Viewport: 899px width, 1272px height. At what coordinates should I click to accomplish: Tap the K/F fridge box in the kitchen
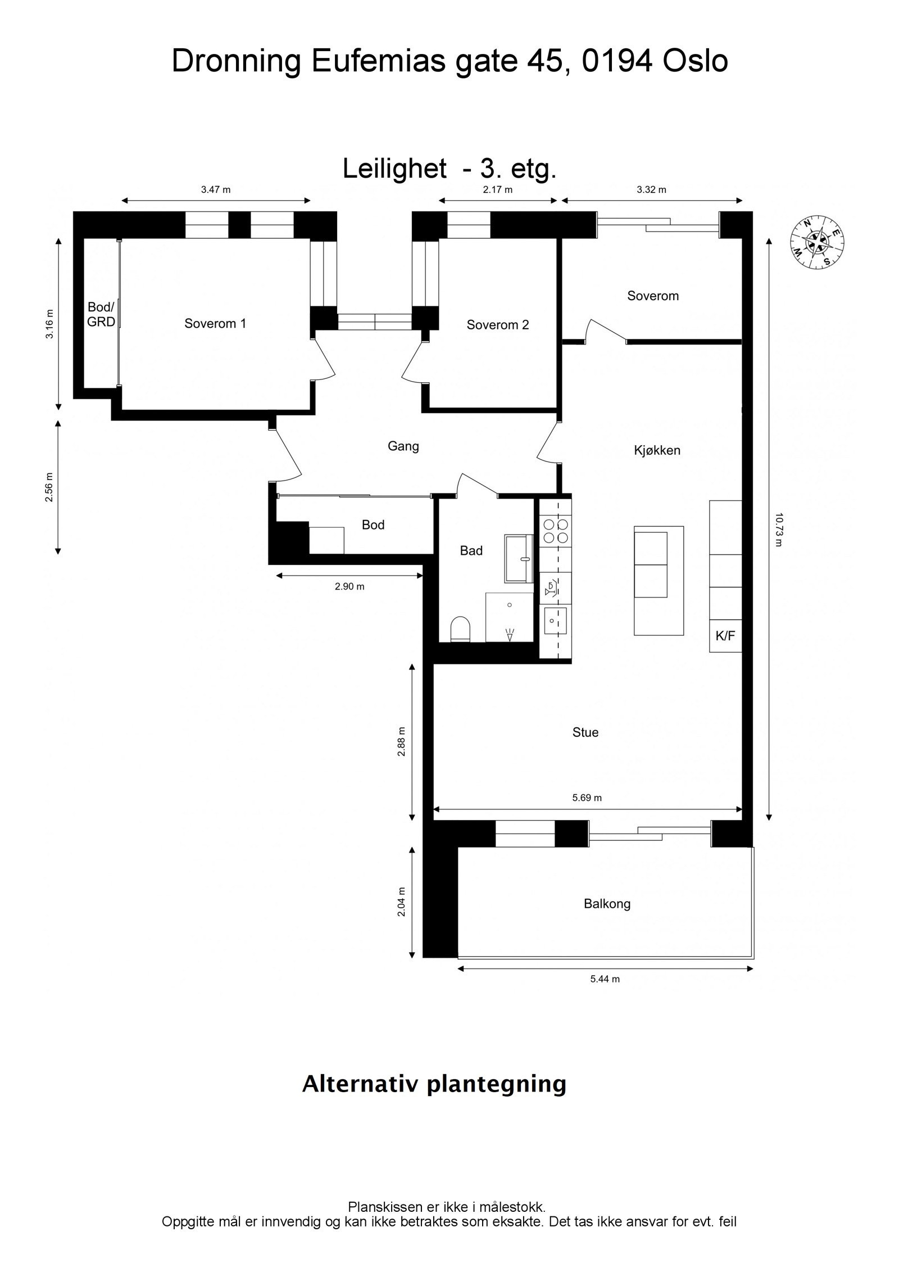coord(725,636)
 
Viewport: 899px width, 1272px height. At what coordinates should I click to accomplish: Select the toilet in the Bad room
coord(460,630)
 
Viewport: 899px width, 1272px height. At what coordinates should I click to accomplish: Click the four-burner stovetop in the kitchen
coord(555,530)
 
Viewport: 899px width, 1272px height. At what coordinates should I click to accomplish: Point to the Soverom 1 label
coord(215,324)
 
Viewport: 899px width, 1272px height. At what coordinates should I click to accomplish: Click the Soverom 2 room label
coord(498,325)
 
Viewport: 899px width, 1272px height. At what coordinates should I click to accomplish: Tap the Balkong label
coord(607,904)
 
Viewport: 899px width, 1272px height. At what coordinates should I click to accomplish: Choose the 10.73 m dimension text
coord(778,529)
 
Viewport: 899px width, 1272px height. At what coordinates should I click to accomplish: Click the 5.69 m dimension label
coord(587,798)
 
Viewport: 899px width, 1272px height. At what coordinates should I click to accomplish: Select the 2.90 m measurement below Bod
coord(349,587)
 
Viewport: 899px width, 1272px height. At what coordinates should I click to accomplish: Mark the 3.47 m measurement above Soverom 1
coord(216,190)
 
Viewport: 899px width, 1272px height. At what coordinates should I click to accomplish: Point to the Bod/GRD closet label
coord(101,315)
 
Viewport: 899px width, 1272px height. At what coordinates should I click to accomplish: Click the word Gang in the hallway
coord(403,446)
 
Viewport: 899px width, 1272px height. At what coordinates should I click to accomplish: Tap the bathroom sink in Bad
coord(519,558)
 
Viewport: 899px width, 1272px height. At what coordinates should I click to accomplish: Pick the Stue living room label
coord(585,732)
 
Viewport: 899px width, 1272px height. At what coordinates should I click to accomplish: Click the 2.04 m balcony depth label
coord(401,902)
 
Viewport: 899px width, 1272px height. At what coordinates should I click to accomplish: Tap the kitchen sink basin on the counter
coord(554,621)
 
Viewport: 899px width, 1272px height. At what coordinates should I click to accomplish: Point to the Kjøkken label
coord(657,450)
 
